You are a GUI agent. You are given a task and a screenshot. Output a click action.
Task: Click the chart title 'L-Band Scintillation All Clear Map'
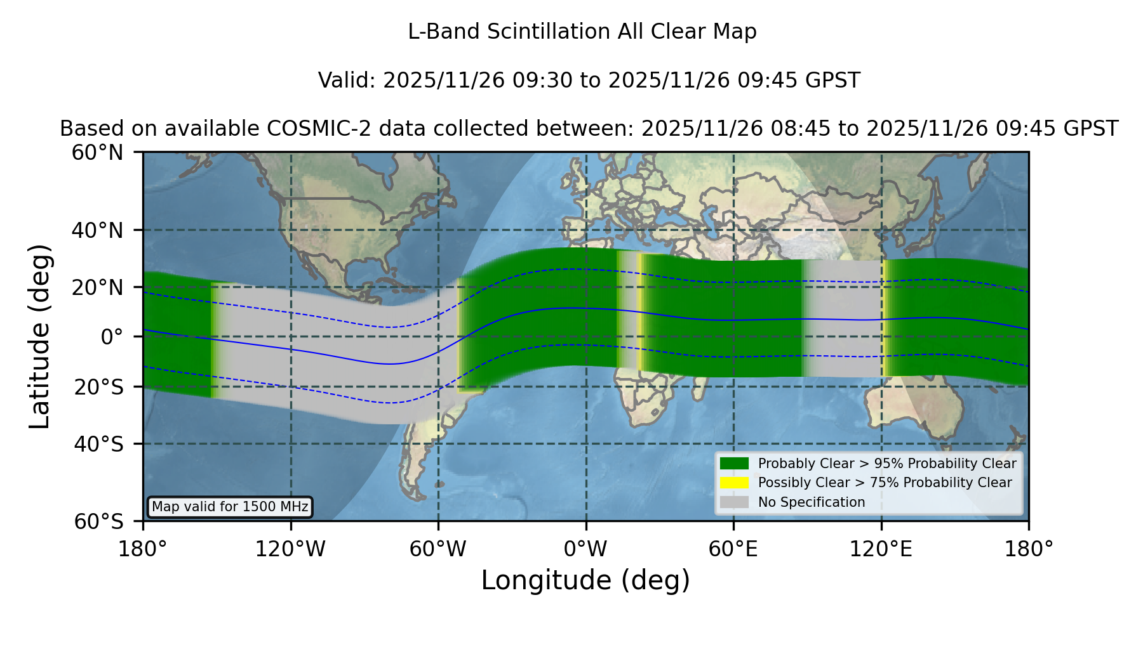[x=582, y=32]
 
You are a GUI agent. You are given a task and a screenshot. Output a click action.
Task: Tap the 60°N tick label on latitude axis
[x=98, y=152]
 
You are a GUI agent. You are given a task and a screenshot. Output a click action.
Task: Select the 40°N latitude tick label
[x=98, y=230]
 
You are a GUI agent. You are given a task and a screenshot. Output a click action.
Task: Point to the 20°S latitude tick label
[x=99, y=387]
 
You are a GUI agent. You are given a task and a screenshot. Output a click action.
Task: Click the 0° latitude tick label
[x=112, y=337]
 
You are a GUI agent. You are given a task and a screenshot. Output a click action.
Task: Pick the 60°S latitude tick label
[x=99, y=521]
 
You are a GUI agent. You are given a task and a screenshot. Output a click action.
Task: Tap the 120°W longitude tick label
[x=290, y=549]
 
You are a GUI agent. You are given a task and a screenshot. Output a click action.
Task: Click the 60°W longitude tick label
[x=438, y=549]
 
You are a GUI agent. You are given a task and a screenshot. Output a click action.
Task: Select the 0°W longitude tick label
[x=586, y=549]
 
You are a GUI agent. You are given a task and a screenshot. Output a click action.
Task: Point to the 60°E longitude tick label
[x=733, y=549]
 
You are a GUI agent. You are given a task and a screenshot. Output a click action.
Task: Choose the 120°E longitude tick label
[x=881, y=549]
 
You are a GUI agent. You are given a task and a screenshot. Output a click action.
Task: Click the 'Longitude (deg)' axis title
[x=585, y=580]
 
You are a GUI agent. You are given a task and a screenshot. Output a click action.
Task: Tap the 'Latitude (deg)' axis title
[x=40, y=336]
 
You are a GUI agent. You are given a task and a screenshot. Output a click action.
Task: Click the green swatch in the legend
[x=735, y=463]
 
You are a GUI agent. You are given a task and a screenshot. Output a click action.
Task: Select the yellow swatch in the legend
[x=735, y=483]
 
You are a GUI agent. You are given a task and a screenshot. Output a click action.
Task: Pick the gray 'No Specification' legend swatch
[x=735, y=502]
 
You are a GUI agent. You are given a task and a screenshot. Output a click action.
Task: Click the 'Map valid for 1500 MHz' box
[x=230, y=507]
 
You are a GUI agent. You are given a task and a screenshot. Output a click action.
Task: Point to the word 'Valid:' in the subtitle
[x=347, y=81]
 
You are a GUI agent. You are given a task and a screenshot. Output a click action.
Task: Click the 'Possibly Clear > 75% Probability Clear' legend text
[x=885, y=483]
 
